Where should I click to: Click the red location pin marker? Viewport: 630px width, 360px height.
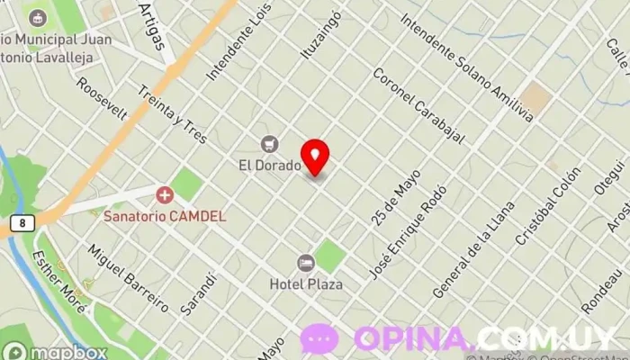[315, 156]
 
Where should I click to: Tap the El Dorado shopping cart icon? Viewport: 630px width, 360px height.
[269, 144]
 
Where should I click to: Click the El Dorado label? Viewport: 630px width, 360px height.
[269, 165]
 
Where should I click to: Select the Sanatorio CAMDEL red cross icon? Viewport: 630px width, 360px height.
[165, 194]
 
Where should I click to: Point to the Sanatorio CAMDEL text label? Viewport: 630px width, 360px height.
[165, 216]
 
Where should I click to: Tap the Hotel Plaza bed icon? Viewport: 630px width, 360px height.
[305, 263]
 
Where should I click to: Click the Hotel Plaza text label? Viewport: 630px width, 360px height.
[306, 283]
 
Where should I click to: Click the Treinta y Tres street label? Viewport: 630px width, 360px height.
[173, 113]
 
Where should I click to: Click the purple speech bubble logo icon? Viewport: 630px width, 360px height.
[319, 338]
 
